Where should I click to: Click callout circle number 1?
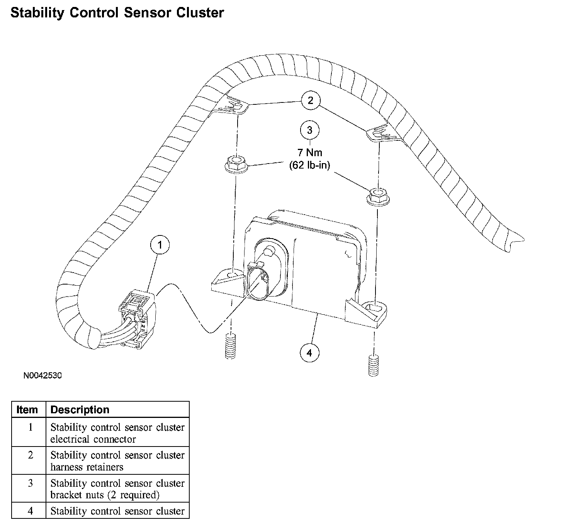160,245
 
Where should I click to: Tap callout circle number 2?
310,101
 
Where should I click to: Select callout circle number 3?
309,130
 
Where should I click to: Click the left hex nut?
235,165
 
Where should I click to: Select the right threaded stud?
374,365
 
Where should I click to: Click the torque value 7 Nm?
309,152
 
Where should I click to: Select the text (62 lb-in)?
309,165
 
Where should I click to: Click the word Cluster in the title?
200,13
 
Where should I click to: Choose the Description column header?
80,410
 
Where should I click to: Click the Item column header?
27,410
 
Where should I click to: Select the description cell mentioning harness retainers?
117,461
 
